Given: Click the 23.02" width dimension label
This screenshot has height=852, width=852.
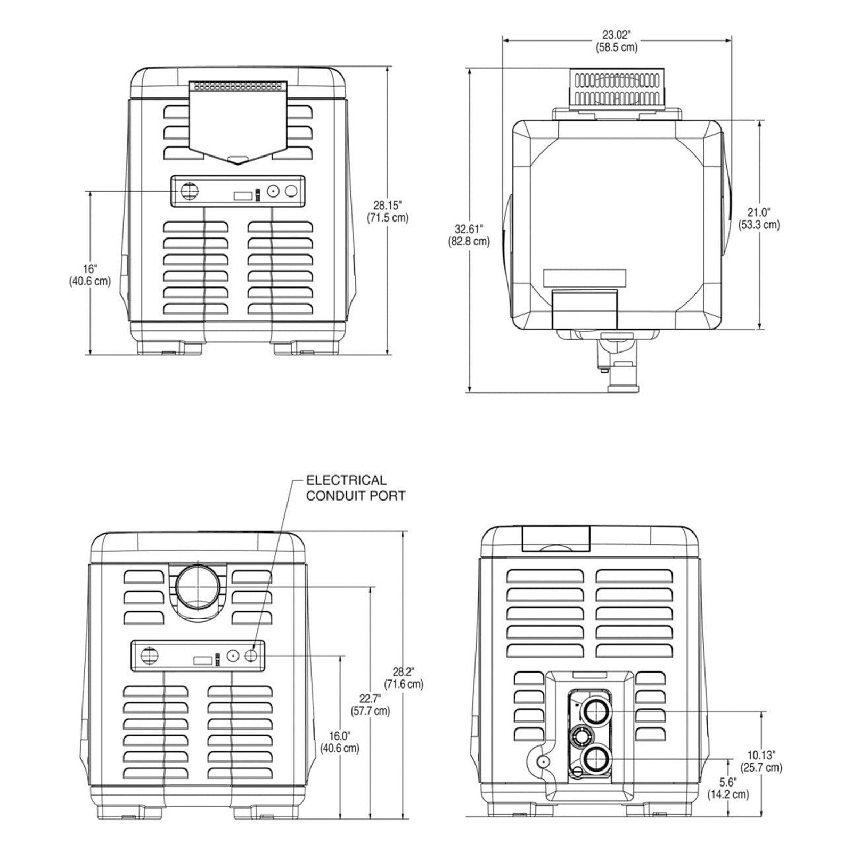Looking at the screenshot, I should pos(616,41).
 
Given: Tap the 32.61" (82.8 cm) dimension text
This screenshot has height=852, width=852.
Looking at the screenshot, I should pos(469,235).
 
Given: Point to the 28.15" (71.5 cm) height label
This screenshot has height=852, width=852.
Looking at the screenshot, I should pos(387,211).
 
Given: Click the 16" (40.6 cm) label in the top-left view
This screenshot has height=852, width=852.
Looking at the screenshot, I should pos(89,274).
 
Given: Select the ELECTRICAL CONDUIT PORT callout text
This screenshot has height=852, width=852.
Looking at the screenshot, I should pos(355,488).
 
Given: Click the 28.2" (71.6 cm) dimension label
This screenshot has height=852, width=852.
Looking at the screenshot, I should pos(403,677).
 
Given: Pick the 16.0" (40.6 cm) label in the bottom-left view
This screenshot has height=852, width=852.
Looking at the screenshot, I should pos(339,742).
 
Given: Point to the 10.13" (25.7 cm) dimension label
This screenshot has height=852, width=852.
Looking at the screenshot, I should pos(761,761).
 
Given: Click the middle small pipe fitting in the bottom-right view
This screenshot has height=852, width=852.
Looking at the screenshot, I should pos(581,737).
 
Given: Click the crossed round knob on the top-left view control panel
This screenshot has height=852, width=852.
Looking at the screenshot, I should pos(187,191).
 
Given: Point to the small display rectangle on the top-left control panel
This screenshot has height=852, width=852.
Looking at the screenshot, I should pos(242,195).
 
